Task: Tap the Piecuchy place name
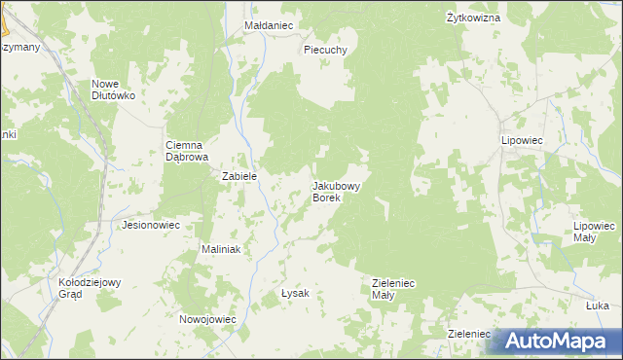coord(325,50)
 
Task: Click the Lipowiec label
coord(521,141)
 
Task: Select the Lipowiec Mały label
coord(596,231)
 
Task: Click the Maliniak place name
coord(220,249)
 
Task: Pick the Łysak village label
coord(295,293)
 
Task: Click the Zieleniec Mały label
coord(394,289)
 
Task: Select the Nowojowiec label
coord(207,319)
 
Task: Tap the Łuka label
coord(598,306)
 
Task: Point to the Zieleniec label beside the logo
coord(468,333)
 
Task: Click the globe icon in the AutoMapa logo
coord(504,342)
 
